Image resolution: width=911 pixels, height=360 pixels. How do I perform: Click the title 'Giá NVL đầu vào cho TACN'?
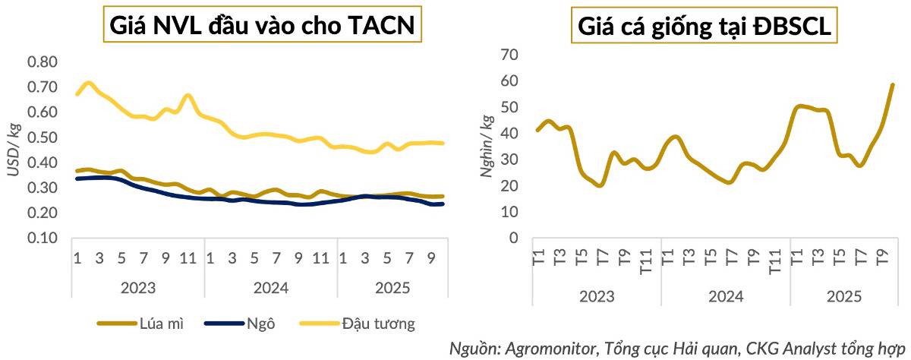tap(262, 27)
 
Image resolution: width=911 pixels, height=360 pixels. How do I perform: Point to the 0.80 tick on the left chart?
tap(42, 62)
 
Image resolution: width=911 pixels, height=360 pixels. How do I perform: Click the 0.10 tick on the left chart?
tap(42, 238)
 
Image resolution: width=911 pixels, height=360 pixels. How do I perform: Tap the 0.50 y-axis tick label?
tap(42, 137)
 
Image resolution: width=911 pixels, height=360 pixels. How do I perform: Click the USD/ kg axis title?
tap(13, 150)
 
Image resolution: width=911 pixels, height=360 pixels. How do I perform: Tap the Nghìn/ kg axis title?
tap(487, 147)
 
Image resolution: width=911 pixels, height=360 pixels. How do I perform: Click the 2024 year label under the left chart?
tap(270, 289)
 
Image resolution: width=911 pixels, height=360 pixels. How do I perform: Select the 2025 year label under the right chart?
tap(843, 296)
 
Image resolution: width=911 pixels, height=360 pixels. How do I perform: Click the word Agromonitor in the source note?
tap(548, 349)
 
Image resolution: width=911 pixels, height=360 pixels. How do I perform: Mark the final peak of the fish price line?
tap(893, 84)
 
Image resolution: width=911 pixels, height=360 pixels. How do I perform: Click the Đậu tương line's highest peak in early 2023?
tap(88, 82)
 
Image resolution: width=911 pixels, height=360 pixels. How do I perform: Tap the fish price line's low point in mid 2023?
tap(599, 185)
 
